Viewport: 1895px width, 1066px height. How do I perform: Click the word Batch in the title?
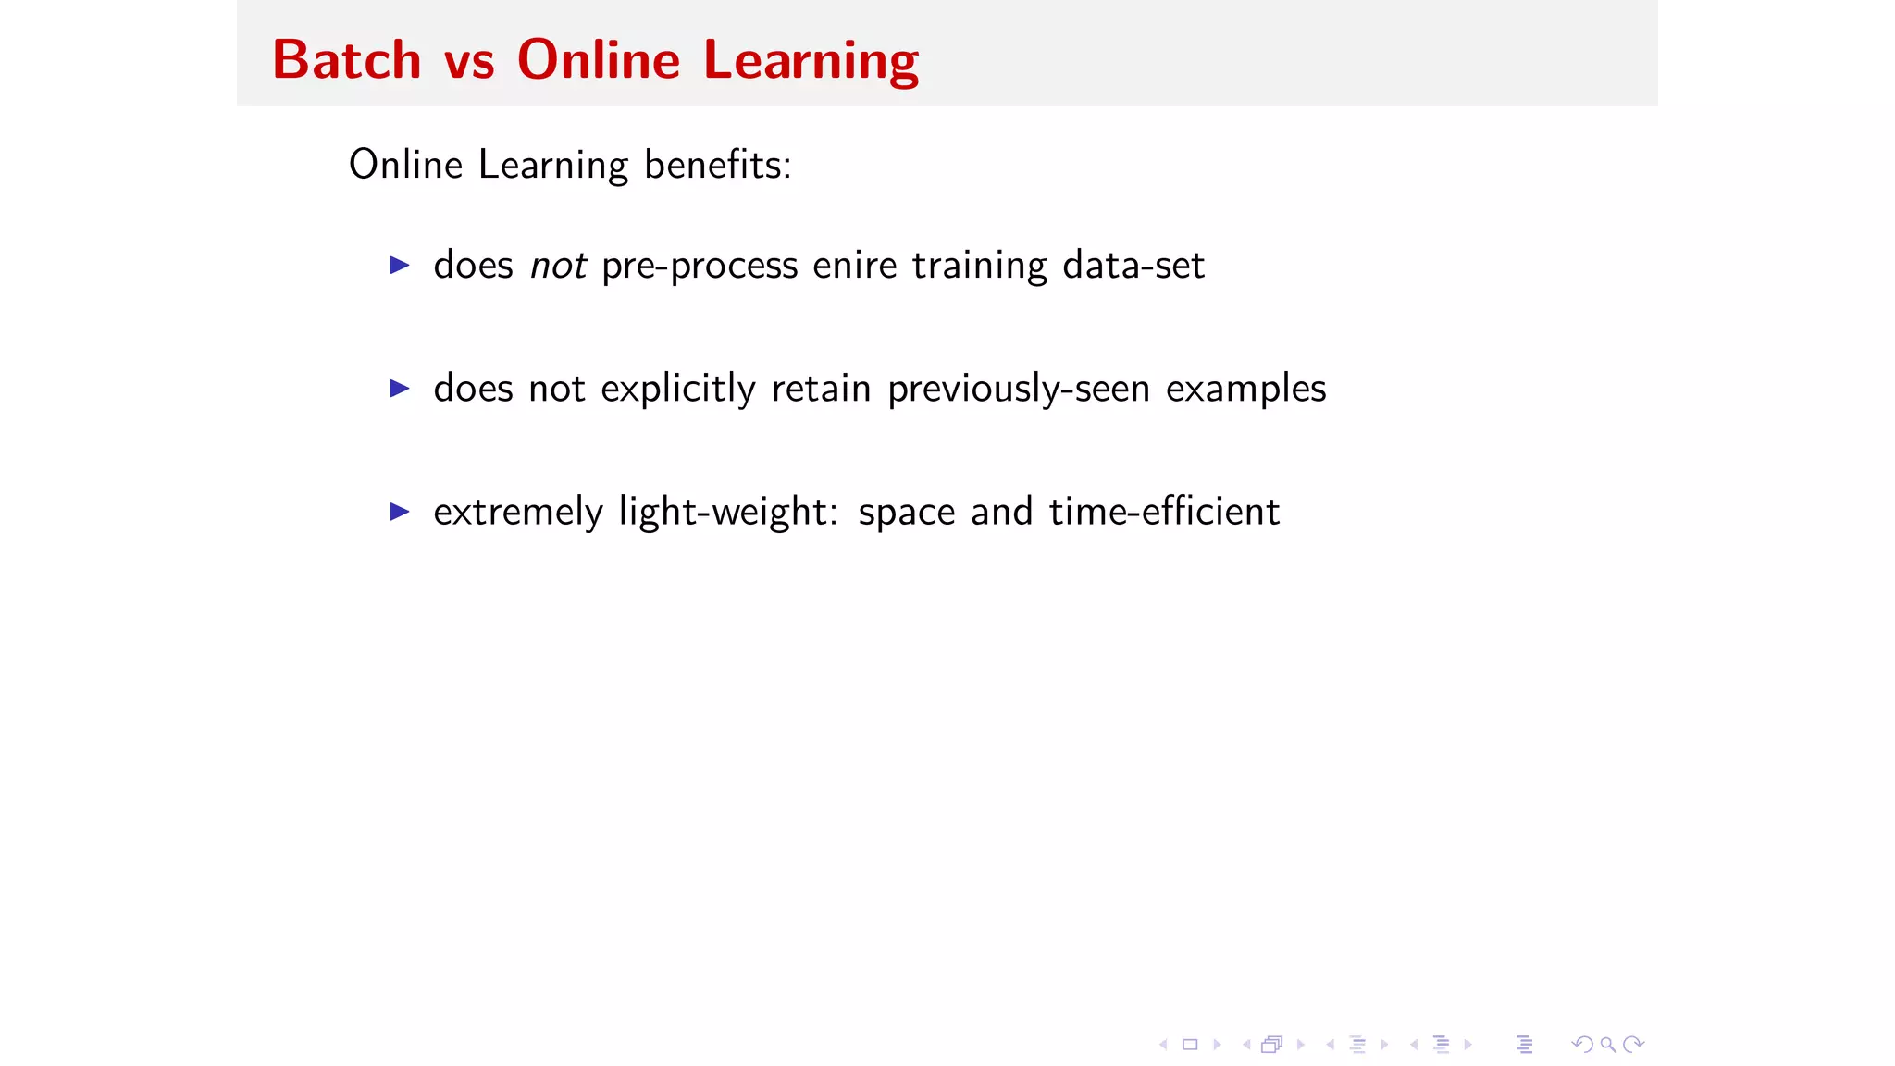[x=347, y=61]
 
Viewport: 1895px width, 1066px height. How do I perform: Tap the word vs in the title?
[x=469, y=61]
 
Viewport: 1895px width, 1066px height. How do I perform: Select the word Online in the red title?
[x=599, y=61]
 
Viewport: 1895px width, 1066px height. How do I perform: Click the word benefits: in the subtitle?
[x=718, y=166]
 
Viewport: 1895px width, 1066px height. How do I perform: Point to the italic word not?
[x=558, y=266]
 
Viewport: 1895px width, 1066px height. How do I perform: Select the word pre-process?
[x=700, y=266]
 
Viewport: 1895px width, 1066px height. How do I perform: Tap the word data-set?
[x=1133, y=266]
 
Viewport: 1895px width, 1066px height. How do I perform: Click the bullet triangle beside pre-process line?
[x=400, y=266]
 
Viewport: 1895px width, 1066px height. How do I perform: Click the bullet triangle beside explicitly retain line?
[x=400, y=389]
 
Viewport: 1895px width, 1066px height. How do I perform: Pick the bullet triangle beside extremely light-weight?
[x=400, y=512]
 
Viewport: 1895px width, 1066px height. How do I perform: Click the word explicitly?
[x=677, y=390]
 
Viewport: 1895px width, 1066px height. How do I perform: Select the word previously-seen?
[x=1019, y=390]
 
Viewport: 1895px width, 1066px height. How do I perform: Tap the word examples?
[x=1245, y=390]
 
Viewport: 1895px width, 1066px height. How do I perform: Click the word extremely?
[x=518, y=513]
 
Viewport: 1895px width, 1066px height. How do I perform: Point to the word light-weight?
[x=728, y=513]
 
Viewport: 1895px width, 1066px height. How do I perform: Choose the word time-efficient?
[x=1164, y=513]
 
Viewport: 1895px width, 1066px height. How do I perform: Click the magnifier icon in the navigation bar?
[x=1608, y=1045]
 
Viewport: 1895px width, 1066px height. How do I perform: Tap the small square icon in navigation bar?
[x=1190, y=1045]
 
